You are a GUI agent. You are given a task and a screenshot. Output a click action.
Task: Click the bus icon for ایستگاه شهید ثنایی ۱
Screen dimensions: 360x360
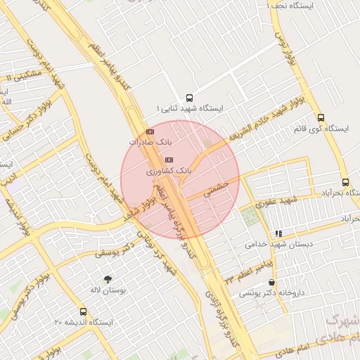[x=189, y=98]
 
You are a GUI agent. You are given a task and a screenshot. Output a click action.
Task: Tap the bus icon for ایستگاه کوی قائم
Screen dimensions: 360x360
[x=321, y=118]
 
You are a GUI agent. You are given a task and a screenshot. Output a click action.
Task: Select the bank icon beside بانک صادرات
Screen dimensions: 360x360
[x=149, y=131]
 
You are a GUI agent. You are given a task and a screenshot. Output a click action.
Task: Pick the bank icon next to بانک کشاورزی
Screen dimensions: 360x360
[x=168, y=160]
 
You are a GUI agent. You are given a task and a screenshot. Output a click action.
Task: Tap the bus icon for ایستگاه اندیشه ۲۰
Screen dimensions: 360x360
[x=84, y=311]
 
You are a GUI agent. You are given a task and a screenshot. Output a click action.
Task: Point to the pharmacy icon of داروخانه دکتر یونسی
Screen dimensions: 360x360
[x=272, y=282]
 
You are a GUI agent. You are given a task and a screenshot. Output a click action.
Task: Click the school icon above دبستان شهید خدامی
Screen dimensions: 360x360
[x=279, y=233]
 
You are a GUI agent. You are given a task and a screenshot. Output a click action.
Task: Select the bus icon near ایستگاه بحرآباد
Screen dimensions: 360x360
[x=345, y=182]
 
